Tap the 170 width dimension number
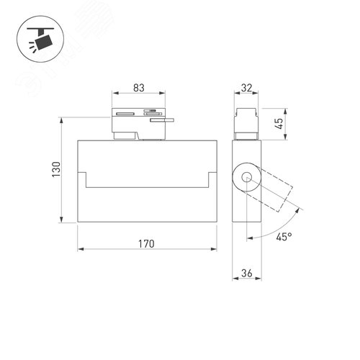click(x=146, y=244)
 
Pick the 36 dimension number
click(x=247, y=273)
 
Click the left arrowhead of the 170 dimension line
click(x=79, y=250)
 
